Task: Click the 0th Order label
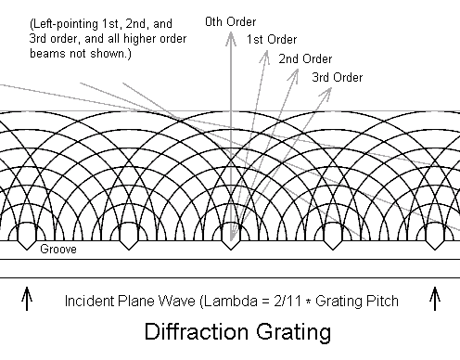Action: tap(231, 22)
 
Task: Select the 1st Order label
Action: tap(272, 40)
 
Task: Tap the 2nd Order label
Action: tap(305, 58)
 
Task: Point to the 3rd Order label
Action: tap(338, 77)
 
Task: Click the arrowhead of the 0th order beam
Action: tap(231, 39)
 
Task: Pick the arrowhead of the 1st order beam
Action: tap(265, 58)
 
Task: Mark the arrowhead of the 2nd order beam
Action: tap(294, 76)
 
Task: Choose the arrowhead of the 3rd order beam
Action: tap(326, 92)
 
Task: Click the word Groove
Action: tap(58, 249)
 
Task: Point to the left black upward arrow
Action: tap(27, 299)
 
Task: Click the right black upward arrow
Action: tap(435, 299)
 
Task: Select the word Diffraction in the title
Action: tap(197, 331)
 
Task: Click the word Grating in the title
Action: tap(293, 333)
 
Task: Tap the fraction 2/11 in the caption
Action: tap(287, 301)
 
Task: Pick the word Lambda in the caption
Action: tap(231, 301)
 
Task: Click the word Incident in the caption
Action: tap(89, 301)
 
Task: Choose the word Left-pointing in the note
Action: tap(64, 24)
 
